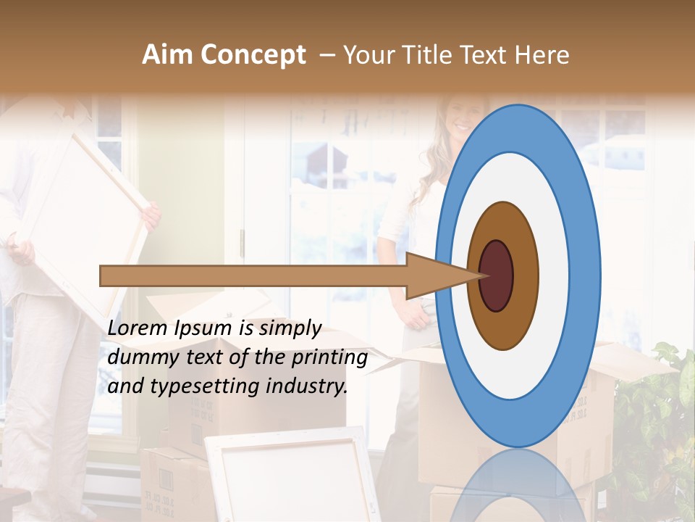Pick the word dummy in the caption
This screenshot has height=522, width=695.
tap(137, 357)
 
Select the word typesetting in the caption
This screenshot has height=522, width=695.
tap(200, 386)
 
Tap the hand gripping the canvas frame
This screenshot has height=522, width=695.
tap(151, 215)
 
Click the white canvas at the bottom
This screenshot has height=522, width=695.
tap(290, 478)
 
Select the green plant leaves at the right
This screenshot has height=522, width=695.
tap(655, 420)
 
